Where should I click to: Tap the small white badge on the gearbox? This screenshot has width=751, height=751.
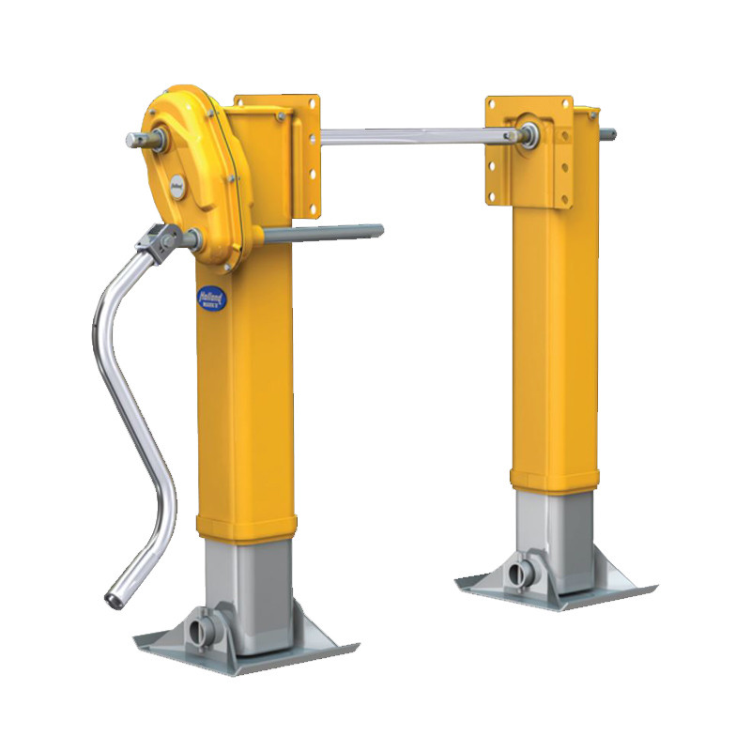(x=176, y=186)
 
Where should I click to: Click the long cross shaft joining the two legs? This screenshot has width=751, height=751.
(x=413, y=134)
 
